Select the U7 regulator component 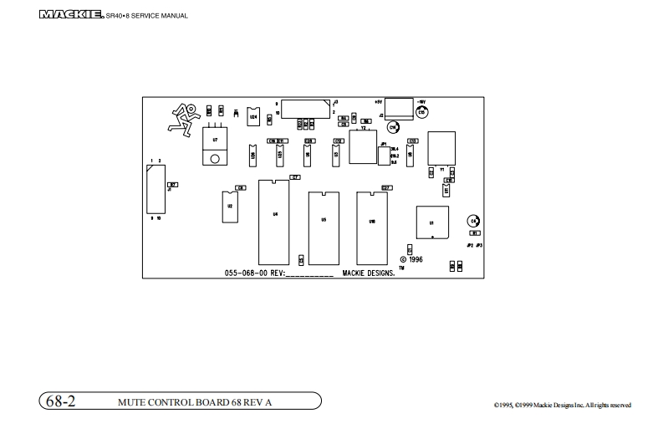click(x=216, y=144)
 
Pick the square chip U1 click(x=431, y=223)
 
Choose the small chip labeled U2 click(x=229, y=207)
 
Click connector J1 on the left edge click(x=153, y=190)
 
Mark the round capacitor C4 click(x=474, y=221)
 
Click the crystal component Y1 click(x=441, y=149)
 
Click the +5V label click(x=378, y=101)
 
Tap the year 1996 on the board click(x=415, y=260)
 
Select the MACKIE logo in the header click(x=71, y=14)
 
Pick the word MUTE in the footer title click(x=133, y=402)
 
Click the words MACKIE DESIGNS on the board click(x=369, y=273)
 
